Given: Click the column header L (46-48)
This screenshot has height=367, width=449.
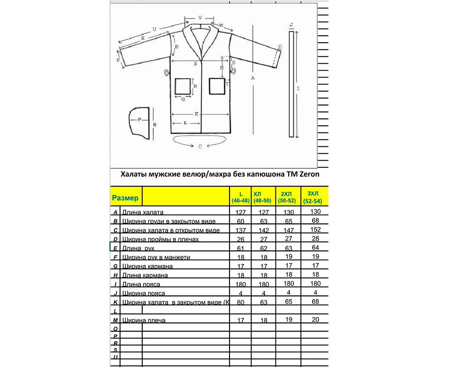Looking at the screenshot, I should (x=241, y=198).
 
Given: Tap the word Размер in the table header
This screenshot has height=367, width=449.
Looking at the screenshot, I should (x=125, y=198).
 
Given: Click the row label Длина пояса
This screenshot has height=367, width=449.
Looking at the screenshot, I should (x=141, y=284).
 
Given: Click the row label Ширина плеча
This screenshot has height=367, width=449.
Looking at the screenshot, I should (x=144, y=320).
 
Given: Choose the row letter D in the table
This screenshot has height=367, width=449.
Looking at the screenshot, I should (x=116, y=239).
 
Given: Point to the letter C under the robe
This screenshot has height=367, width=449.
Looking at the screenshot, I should (x=200, y=147).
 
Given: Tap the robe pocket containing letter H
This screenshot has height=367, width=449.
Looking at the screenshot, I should (x=184, y=86).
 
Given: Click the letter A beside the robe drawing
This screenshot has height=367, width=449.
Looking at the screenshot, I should (x=253, y=78).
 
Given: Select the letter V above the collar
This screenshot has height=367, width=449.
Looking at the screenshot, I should (x=200, y=17).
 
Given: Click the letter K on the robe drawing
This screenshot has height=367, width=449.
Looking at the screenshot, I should (x=196, y=113).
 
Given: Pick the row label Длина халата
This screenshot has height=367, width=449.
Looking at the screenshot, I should (x=143, y=212).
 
